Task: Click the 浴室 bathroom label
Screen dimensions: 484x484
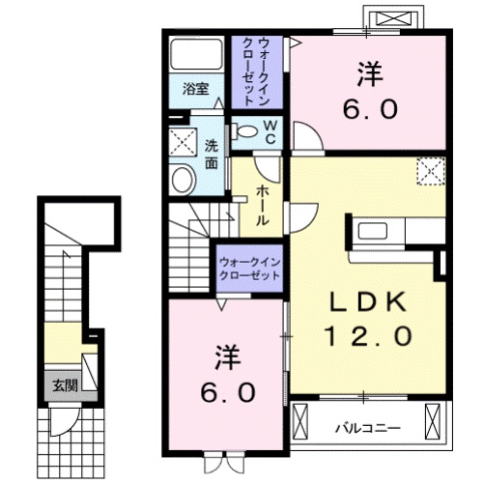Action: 196,89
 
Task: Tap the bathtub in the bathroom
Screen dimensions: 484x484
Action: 197,54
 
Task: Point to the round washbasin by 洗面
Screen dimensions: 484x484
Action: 184,180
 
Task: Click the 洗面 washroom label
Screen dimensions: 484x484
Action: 212,155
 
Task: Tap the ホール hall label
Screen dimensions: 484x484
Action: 262,206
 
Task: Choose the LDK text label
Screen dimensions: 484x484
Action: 368,301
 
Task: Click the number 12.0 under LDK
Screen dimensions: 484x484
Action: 368,335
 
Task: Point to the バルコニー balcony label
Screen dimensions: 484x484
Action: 368,428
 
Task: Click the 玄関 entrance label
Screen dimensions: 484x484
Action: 66,385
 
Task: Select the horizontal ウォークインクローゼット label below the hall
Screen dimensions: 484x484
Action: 249,270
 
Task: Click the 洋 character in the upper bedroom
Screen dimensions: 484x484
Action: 369,74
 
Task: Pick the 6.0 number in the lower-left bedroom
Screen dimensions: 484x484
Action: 228,392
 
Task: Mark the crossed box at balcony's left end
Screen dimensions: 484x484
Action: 299,419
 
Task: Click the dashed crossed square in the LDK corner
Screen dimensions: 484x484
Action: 431,171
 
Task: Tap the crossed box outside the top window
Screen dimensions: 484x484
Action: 394,18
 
